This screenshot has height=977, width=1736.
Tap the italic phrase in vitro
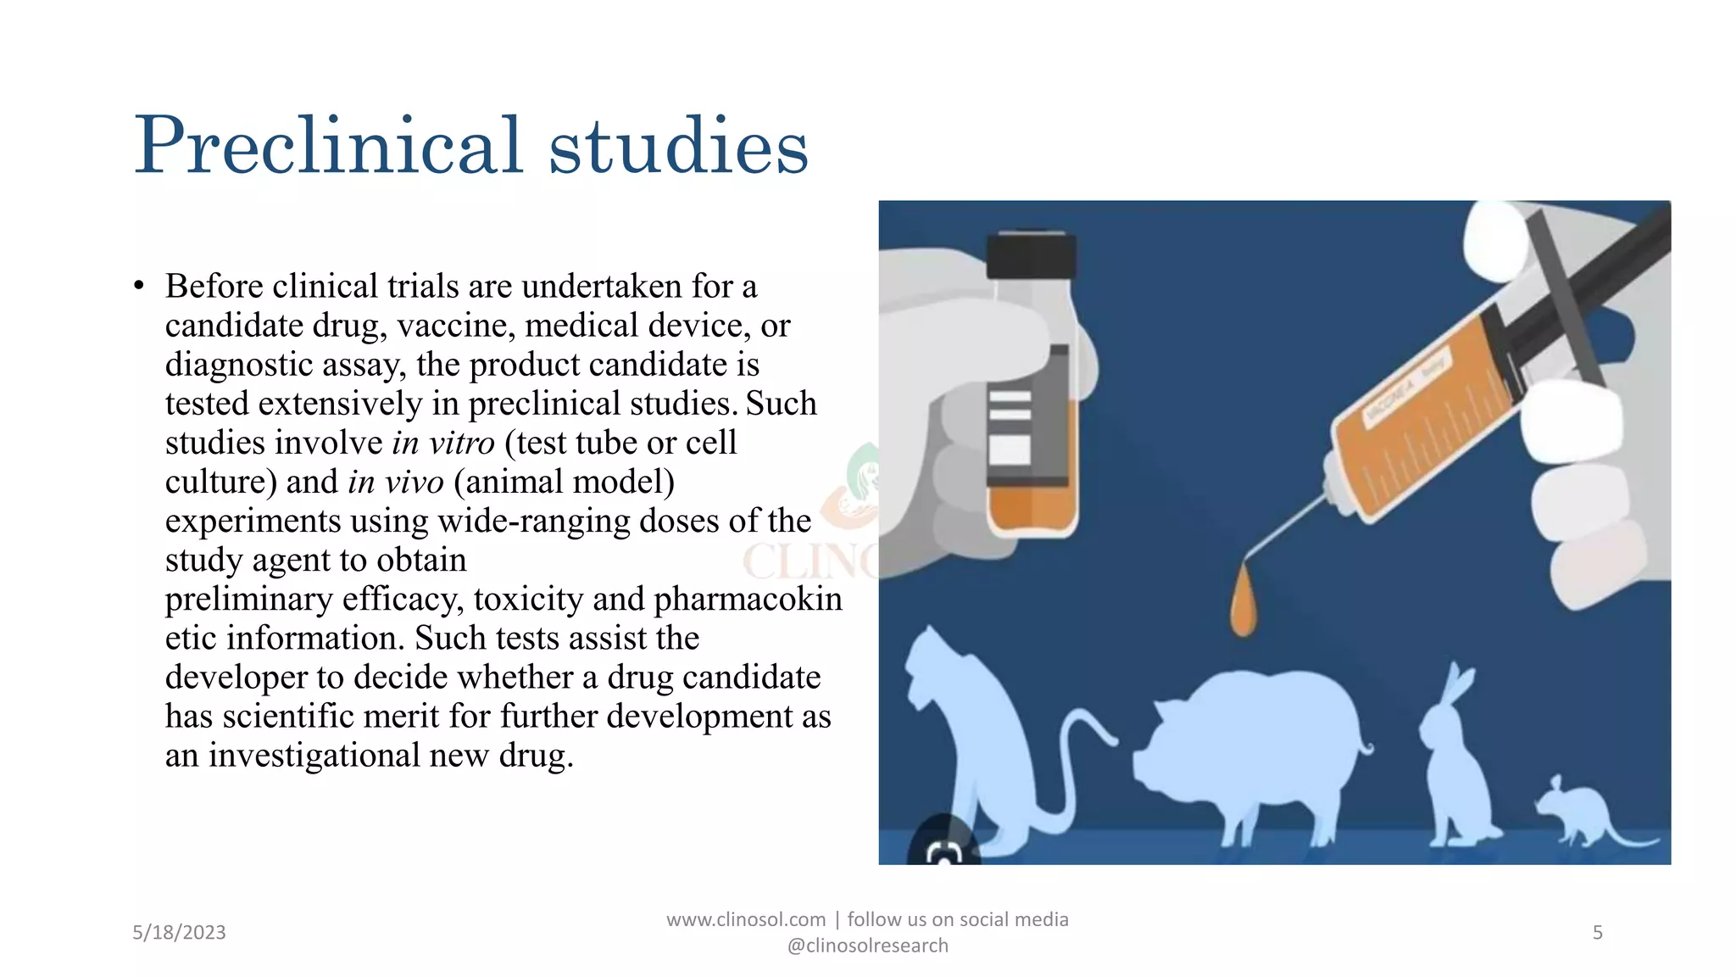pos(443,443)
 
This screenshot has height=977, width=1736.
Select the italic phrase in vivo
pos(396,482)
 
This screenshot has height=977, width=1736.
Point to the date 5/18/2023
pos(179,932)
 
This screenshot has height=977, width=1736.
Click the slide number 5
pos(1597,932)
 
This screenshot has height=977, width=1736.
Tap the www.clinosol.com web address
pos(746,919)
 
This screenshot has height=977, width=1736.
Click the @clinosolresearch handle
pos(867,946)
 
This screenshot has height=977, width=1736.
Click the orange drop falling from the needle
pos(1243,603)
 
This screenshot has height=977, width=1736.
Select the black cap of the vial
pos(1032,255)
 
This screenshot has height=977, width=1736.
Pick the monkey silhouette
pos(975,738)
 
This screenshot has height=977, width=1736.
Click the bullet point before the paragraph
pos(139,287)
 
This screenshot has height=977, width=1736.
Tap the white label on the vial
pos(1010,449)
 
